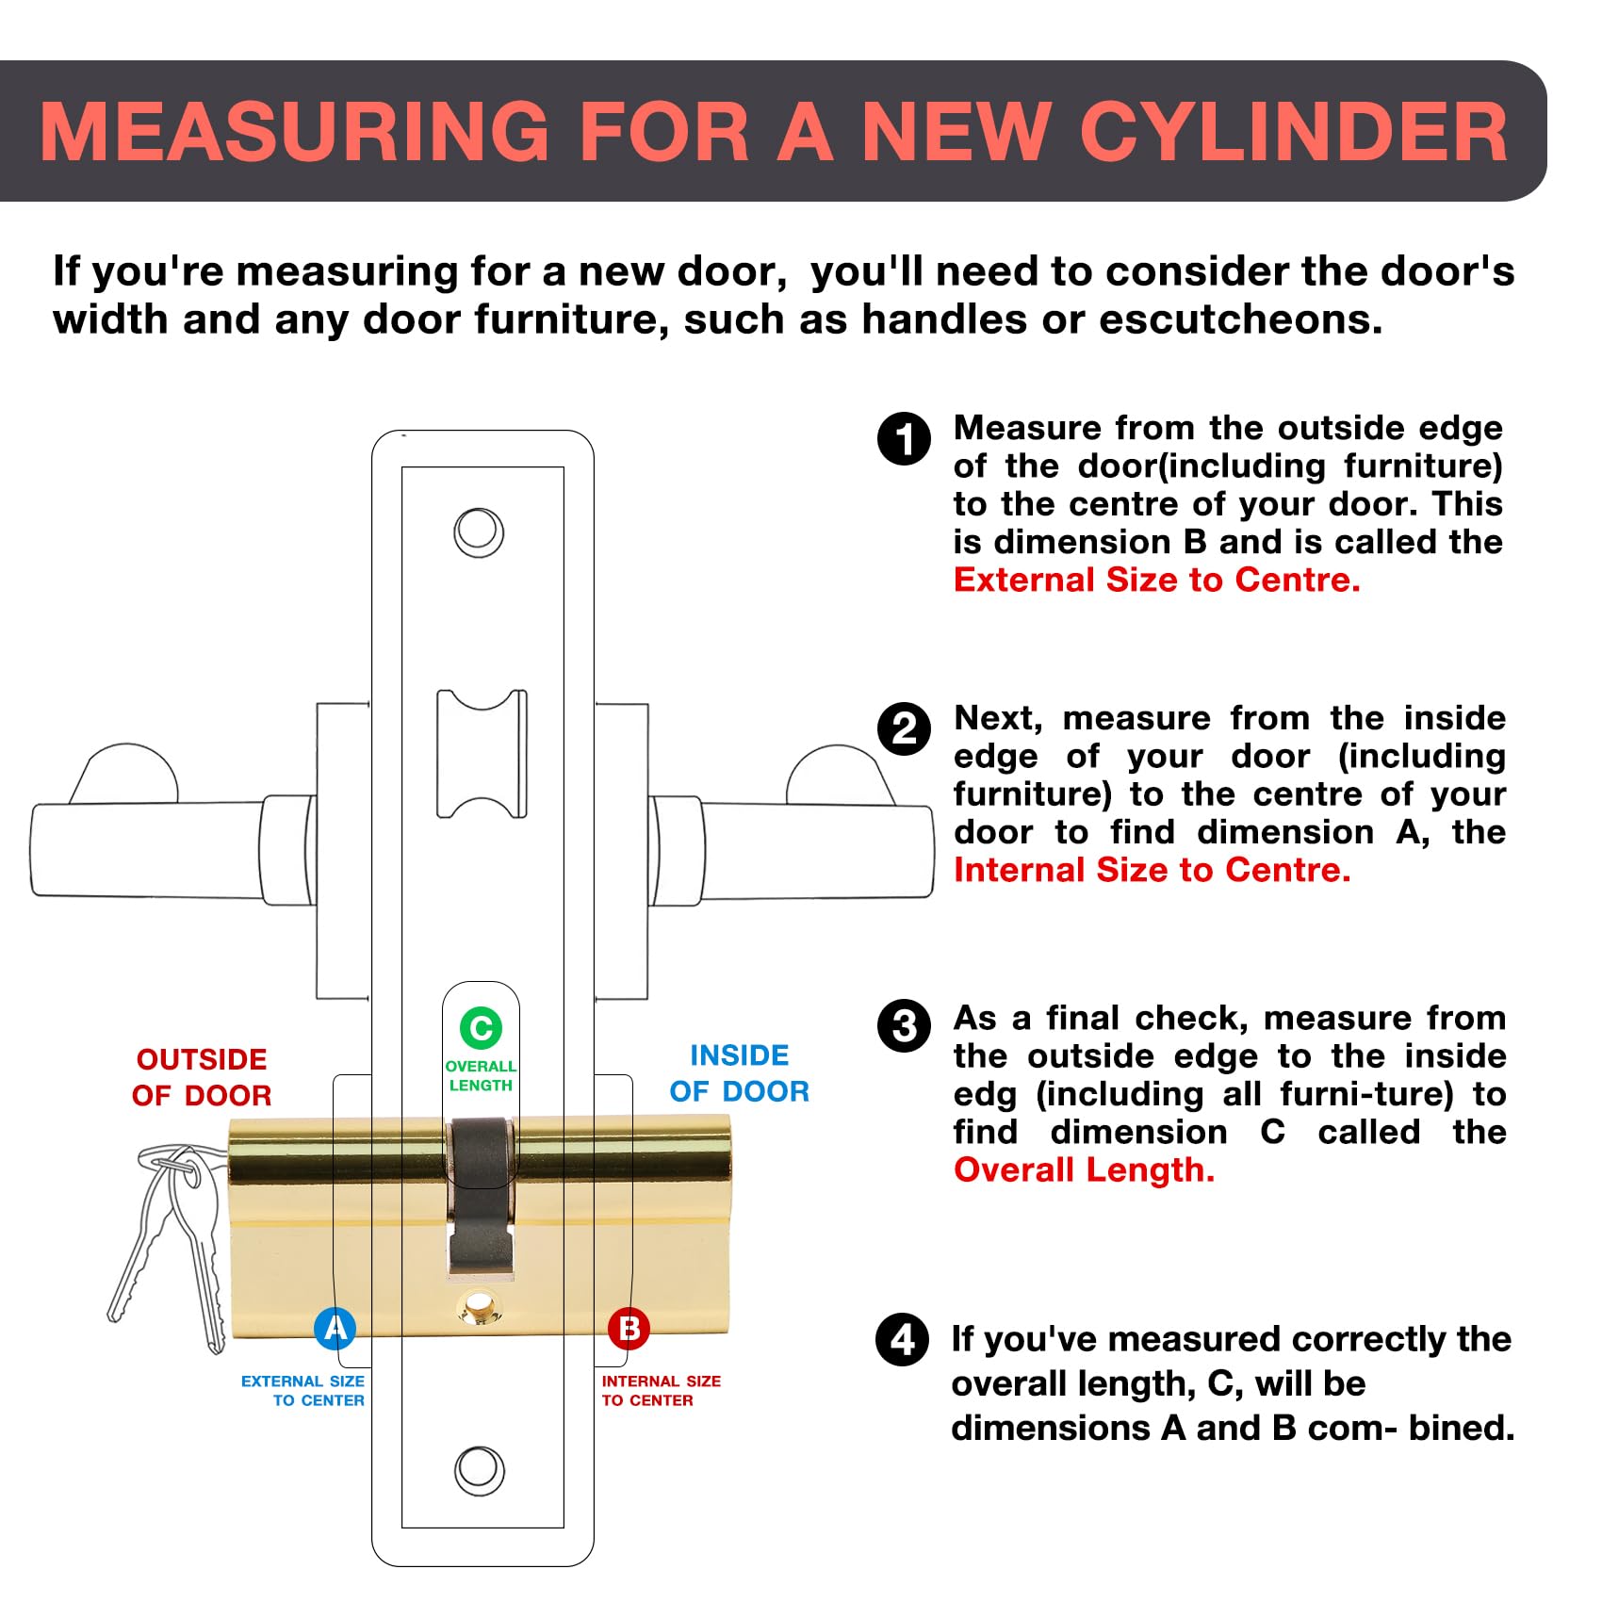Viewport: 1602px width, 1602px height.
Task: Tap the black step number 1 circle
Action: [x=904, y=439]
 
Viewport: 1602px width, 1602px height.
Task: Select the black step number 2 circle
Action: [x=904, y=728]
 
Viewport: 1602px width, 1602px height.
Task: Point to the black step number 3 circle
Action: [x=904, y=1026]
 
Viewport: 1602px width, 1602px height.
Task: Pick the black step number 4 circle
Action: [x=903, y=1340]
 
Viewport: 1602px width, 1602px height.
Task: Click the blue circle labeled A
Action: [x=335, y=1328]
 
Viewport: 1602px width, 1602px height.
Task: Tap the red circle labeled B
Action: [x=629, y=1329]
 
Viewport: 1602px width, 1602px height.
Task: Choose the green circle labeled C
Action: [x=481, y=1027]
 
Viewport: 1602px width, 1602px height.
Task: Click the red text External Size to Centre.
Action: [x=1156, y=580]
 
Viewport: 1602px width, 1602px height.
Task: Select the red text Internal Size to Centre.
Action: [x=1152, y=870]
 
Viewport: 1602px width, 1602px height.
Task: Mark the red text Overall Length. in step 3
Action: [x=1084, y=1170]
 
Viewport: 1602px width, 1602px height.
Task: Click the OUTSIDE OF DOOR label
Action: [x=202, y=1077]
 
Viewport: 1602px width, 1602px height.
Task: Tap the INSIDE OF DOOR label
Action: [x=740, y=1073]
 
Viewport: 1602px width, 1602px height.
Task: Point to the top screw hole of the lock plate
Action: [x=479, y=532]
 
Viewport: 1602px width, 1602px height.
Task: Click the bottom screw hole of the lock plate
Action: [x=480, y=1470]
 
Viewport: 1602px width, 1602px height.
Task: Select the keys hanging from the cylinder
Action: [x=170, y=1244]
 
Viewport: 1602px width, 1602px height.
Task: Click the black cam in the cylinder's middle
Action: [x=481, y=1195]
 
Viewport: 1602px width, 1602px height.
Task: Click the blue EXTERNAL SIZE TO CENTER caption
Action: [x=302, y=1391]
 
